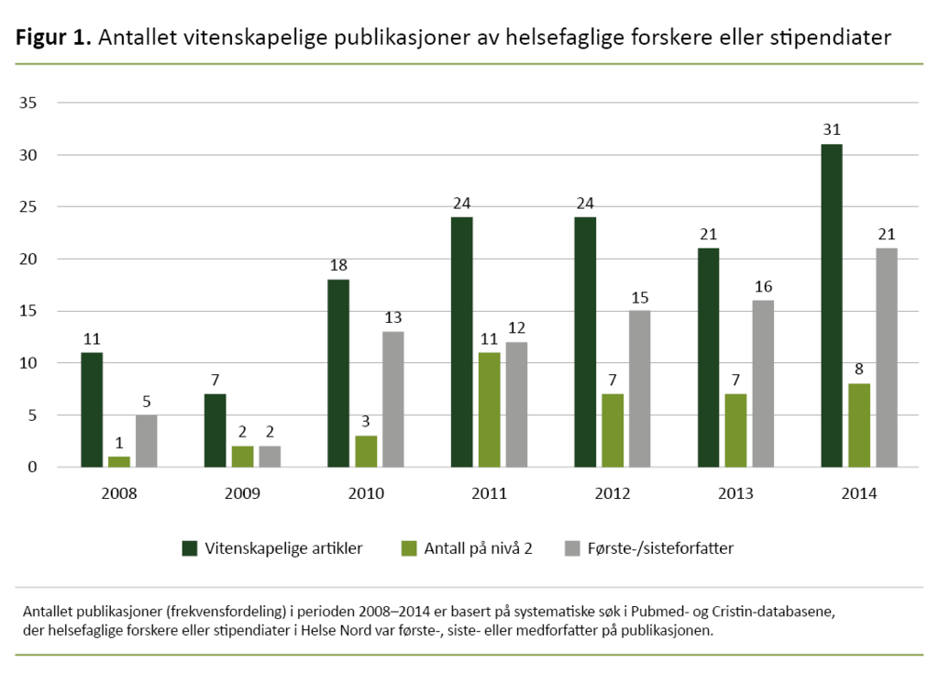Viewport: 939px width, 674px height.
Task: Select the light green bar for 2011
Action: click(489, 410)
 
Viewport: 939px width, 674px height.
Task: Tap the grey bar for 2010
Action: click(392, 399)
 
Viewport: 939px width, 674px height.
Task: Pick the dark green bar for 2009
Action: click(215, 430)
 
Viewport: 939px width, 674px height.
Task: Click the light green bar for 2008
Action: click(119, 461)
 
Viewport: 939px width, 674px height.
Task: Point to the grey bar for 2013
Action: click(763, 383)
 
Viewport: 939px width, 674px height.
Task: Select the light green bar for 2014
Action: click(858, 425)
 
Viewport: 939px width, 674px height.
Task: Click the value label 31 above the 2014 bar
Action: click(831, 129)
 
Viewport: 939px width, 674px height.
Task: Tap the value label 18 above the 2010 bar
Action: click(338, 265)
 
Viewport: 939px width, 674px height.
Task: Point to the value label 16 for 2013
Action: click(763, 286)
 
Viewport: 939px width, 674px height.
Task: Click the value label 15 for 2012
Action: click(639, 296)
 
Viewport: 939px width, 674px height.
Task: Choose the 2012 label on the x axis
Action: click(612, 492)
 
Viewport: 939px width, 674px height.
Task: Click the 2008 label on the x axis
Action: click(119, 492)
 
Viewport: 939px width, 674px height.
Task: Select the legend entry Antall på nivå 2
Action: click(467, 548)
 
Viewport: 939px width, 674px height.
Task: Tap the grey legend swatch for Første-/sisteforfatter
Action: click(573, 548)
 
